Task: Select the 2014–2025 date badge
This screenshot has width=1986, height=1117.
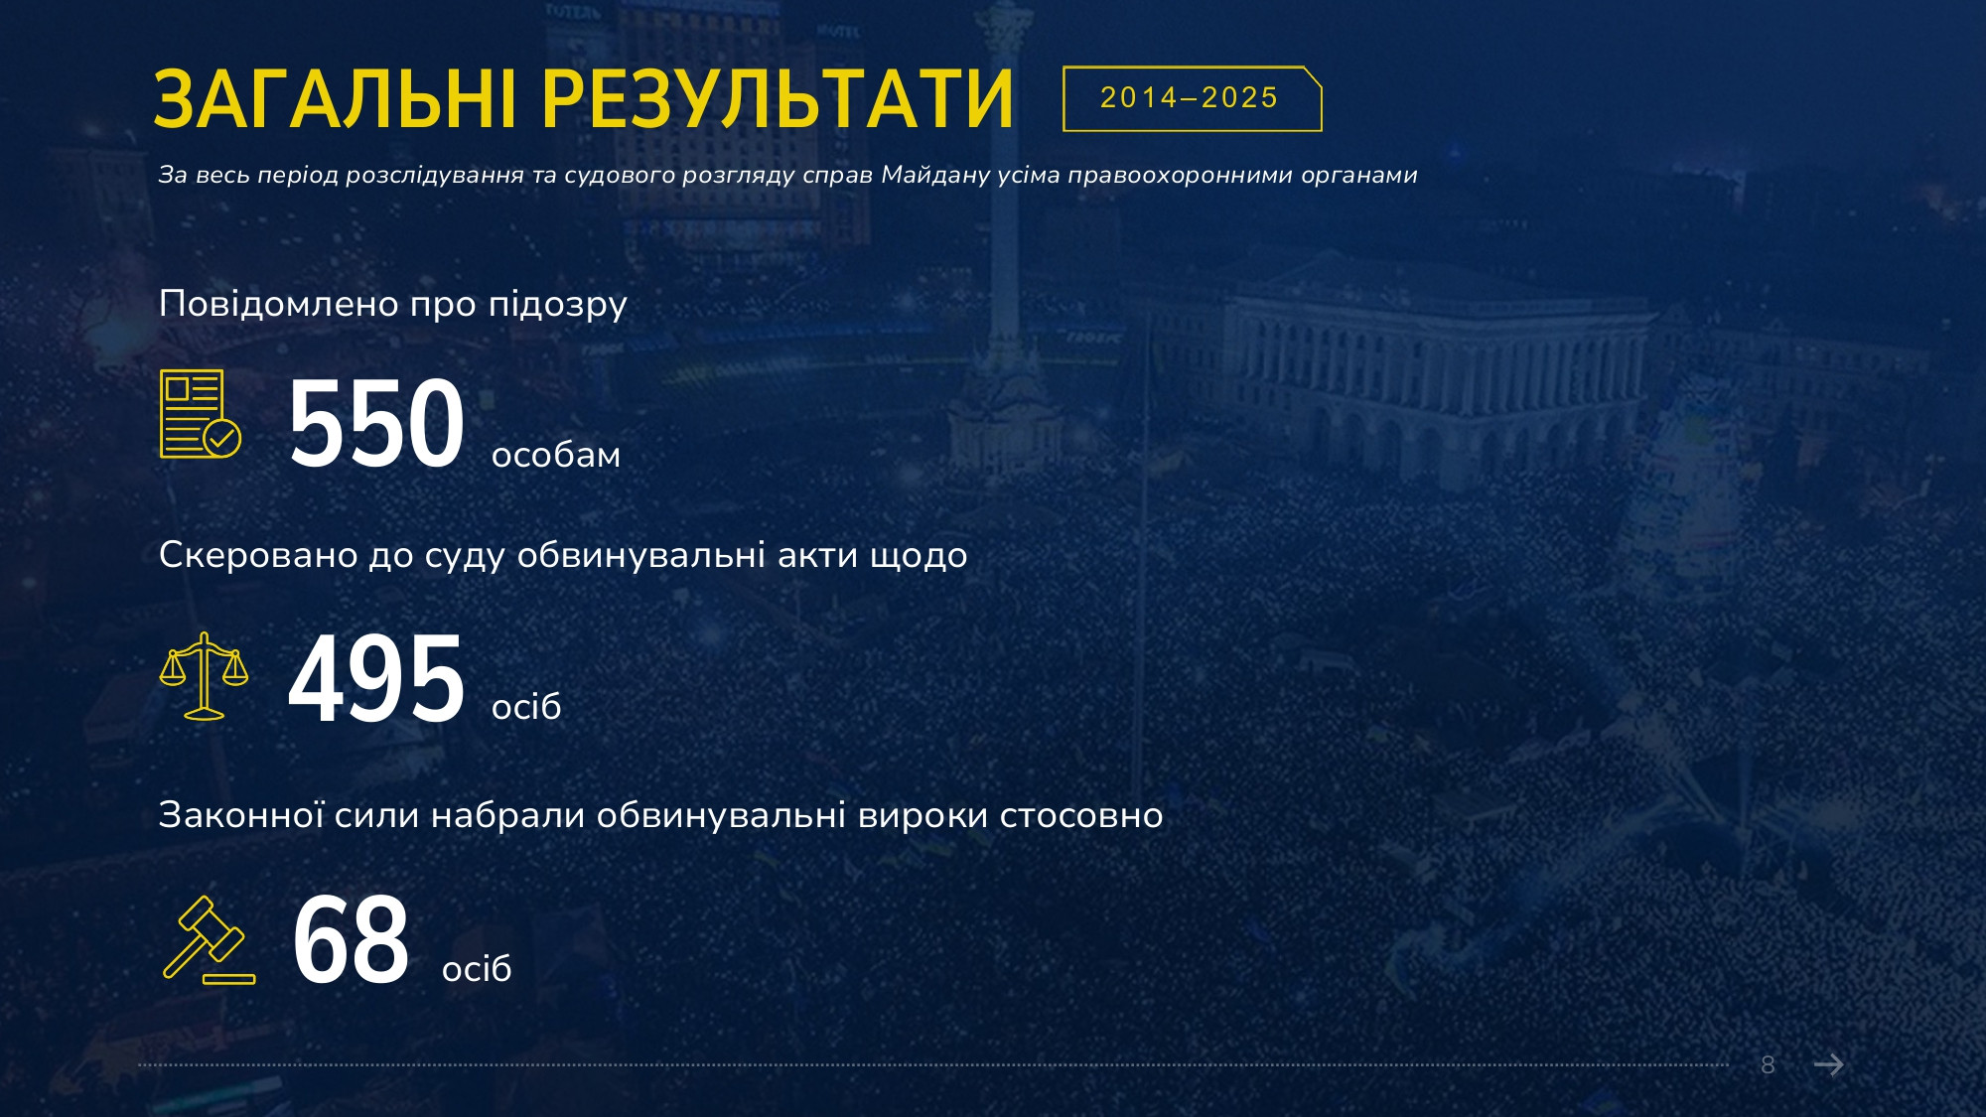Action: point(1192,98)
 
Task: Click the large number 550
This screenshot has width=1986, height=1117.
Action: point(376,423)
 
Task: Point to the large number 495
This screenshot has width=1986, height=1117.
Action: point(376,680)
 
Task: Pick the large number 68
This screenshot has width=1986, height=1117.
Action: point(351,939)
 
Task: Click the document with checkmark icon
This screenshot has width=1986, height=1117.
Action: point(201,414)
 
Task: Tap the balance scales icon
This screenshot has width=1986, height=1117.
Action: point(204,676)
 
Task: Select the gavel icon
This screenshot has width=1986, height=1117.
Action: point(209,939)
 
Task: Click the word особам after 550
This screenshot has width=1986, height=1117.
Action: point(556,455)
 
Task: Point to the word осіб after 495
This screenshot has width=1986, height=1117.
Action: point(526,706)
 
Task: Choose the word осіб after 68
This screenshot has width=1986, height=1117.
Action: point(477,968)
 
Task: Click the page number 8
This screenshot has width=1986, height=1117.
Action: point(1768,1065)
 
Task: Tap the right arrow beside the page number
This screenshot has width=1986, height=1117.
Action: point(1829,1065)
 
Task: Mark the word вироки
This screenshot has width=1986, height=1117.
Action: point(923,816)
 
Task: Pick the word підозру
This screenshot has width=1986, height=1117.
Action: point(557,305)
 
